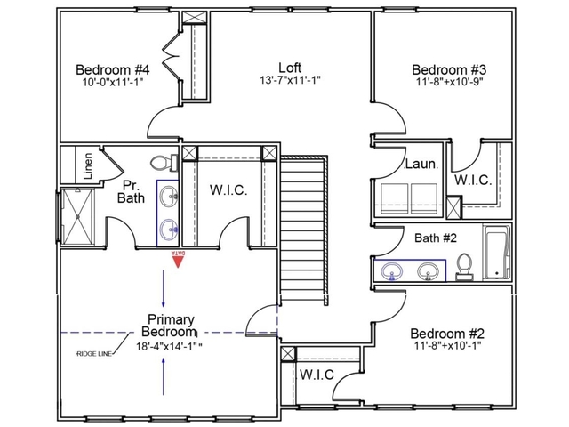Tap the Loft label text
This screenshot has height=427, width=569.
pyautogui.click(x=290, y=67)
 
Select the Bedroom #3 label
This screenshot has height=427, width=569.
pyautogui.click(x=448, y=69)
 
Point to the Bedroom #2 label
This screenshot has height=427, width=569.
pyautogui.click(x=446, y=334)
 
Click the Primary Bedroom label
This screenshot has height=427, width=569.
pyautogui.click(x=171, y=326)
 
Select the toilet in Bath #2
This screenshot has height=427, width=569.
pyautogui.click(x=463, y=266)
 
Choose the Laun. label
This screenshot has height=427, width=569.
pyautogui.click(x=421, y=165)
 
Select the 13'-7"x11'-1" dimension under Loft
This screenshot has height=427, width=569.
pyautogui.click(x=290, y=80)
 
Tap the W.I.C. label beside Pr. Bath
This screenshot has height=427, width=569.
pyautogui.click(x=228, y=190)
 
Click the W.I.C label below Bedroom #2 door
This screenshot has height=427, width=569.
pyautogui.click(x=316, y=375)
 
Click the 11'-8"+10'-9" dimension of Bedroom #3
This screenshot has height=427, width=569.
pyautogui.click(x=448, y=84)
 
